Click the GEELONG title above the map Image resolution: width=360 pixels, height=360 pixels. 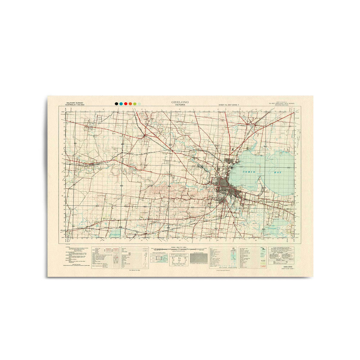coord(180,102)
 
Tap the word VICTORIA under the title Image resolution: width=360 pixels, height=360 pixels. coord(180,105)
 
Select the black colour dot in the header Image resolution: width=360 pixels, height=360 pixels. coord(116,103)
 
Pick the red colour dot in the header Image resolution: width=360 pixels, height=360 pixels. coord(126,103)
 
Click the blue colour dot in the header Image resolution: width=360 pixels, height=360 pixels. coord(121,103)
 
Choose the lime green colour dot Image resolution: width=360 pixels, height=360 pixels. coord(135,103)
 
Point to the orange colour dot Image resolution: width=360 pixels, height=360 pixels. coord(130,103)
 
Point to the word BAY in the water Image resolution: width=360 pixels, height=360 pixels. coord(277,173)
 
